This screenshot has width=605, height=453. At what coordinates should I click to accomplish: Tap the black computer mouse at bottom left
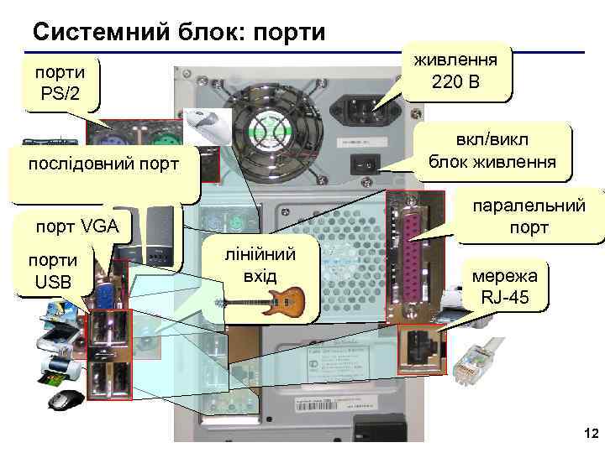(x=66, y=400)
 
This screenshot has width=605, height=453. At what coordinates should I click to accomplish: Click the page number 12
(x=589, y=434)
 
